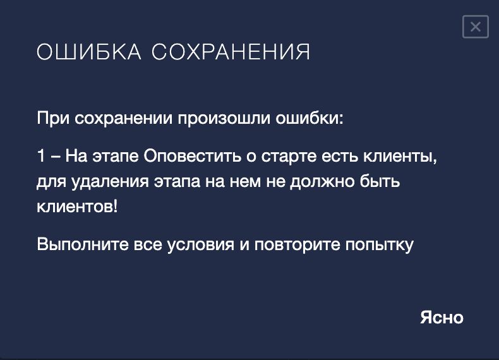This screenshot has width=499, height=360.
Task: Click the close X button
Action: tap(476, 27)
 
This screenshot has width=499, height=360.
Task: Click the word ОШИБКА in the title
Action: tap(89, 52)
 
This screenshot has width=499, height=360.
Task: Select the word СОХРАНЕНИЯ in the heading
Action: tap(231, 52)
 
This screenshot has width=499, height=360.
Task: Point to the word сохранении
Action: tap(124, 118)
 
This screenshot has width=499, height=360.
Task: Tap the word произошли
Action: tap(224, 118)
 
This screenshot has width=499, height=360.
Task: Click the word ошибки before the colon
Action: tap(308, 118)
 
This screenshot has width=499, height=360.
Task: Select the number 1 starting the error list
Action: tap(40, 156)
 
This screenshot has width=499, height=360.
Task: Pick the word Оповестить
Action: tap(192, 156)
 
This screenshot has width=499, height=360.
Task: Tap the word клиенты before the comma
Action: tap(398, 156)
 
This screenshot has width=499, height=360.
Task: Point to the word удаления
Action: tap(110, 182)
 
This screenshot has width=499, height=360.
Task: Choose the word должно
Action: tap(322, 182)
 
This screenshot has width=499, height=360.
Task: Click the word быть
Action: tap(380, 181)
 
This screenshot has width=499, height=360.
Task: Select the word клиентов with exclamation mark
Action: tap(77, 207)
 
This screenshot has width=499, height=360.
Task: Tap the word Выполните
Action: tap(83, 244)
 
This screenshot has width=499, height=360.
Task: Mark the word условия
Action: tap(200, 245)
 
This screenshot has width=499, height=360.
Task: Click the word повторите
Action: tap(298, 245)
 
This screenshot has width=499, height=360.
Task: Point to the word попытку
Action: tap(380, 245)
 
